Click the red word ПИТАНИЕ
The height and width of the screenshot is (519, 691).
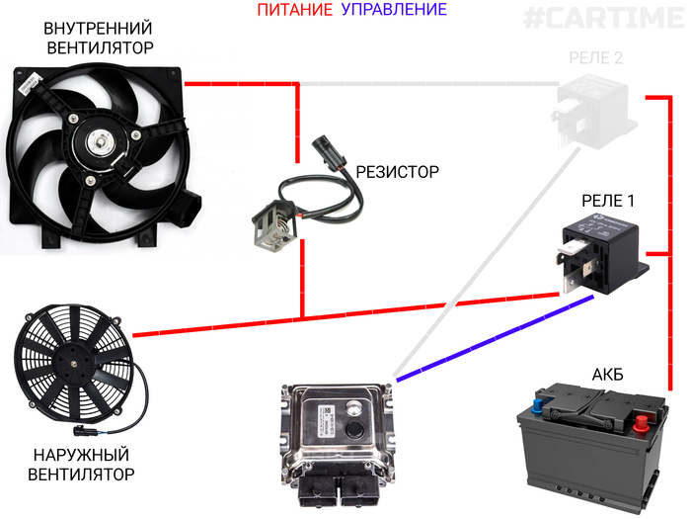tap(295, 9)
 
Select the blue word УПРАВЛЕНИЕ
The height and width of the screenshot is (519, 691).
tap(394, 9)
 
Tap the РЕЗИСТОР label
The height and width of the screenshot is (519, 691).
tap(397, 172)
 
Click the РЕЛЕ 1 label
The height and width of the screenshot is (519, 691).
tap(608, 201)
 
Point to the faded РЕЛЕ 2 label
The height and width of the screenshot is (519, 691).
tap(596, 57)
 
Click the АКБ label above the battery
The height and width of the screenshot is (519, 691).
tap(608, 375)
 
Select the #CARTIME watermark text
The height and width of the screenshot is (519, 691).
tap(604, 19)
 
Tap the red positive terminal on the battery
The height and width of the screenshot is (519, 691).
tap(641, 423)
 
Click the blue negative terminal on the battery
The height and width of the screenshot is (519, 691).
tap(538, 405)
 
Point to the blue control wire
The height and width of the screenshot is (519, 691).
tap(495, 338)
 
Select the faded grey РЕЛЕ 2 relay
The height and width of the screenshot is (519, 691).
tap(593, 111)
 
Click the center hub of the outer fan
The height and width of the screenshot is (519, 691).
tap(74, 365)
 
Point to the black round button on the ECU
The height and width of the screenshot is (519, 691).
tap(354, 429)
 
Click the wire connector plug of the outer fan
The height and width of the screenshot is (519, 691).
tap(81, 430)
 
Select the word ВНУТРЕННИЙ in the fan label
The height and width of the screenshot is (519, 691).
tap(98, 29)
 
